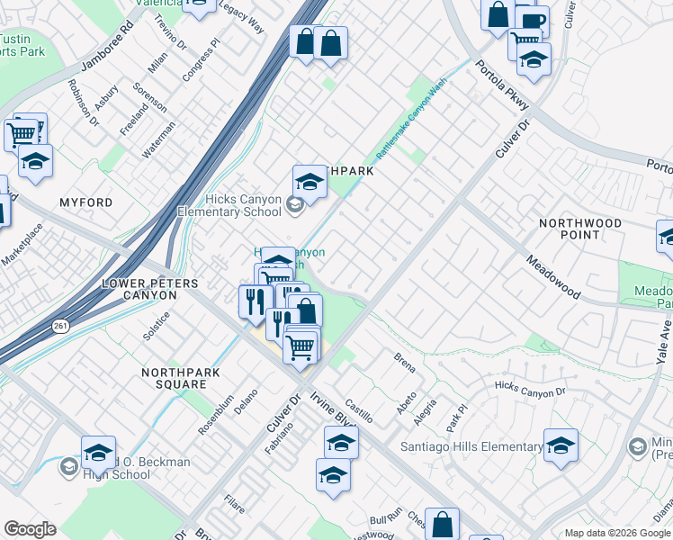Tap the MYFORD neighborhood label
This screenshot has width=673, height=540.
86,203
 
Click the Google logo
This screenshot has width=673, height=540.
30,529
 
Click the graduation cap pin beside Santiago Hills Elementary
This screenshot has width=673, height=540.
561,445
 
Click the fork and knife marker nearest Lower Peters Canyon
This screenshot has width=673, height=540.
255,301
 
